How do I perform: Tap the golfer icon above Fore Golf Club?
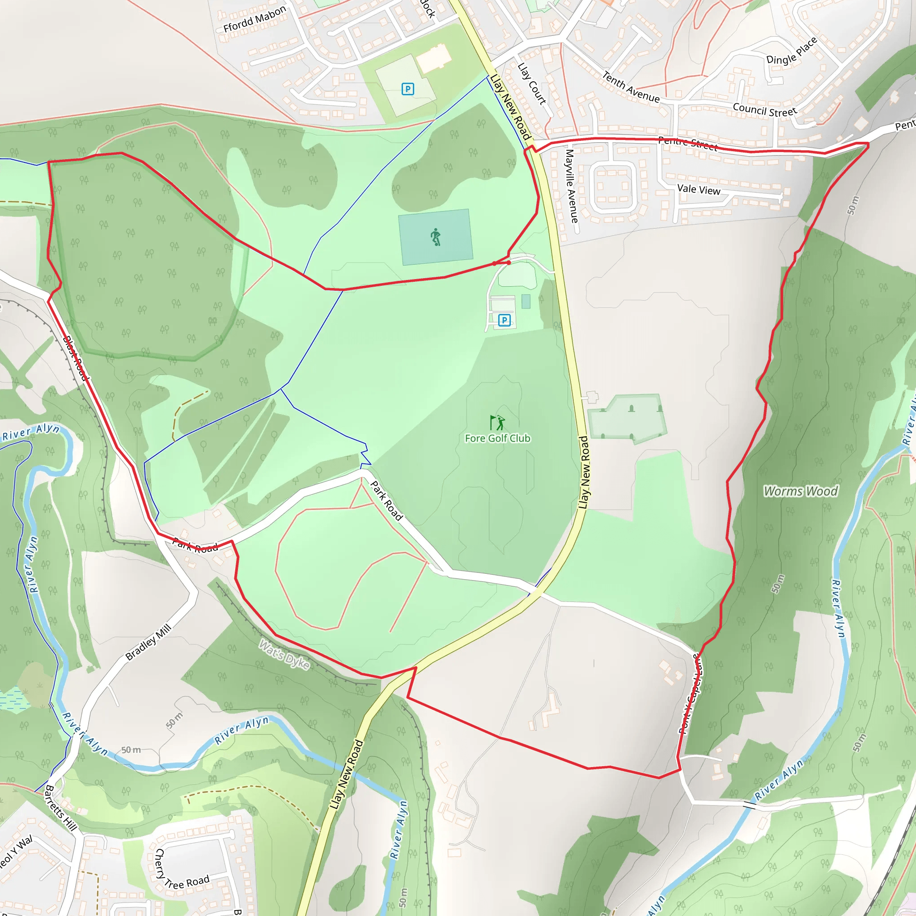[x=497, y=422]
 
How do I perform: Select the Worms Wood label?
[x=800, y=491]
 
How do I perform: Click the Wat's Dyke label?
[x=284, y=655]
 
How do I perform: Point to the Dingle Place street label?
[x=792, y=51]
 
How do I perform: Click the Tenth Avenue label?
[x=631, y=87]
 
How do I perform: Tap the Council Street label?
[x=764, y=110]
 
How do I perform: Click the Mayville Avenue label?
[x=571, y=186]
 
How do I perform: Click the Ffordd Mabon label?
[x=254, y=19]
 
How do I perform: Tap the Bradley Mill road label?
[x=148, y=642]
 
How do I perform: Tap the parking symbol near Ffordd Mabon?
[x=408, y=89]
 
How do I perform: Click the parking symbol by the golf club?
[x=505, y=321]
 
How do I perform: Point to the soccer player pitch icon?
[x=436, y=237]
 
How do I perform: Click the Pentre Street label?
[x=687, y=143]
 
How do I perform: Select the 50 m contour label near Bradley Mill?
[x=174, y=721]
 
